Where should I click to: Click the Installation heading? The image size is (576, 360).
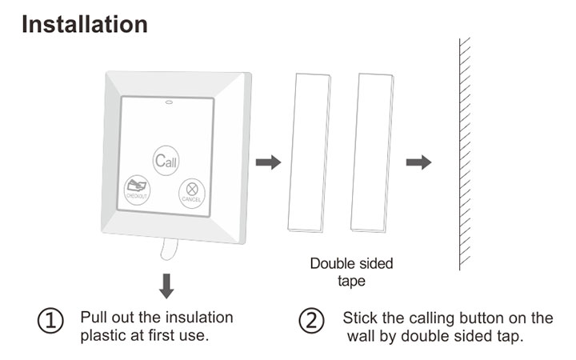tap(84, 24)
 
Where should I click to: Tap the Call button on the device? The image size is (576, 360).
tap(166, 161)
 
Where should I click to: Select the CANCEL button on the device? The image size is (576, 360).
tap(191, 191)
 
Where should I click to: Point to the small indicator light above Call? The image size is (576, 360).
tap(168, 102)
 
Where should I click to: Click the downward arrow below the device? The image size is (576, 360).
tap(166, 286)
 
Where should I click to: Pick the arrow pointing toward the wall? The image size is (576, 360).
tap(418, 162)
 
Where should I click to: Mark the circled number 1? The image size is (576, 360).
tap(50, 322)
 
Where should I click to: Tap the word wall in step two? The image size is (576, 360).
tap(361, 336)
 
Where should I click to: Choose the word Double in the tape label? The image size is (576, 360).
tap(331, 263)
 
